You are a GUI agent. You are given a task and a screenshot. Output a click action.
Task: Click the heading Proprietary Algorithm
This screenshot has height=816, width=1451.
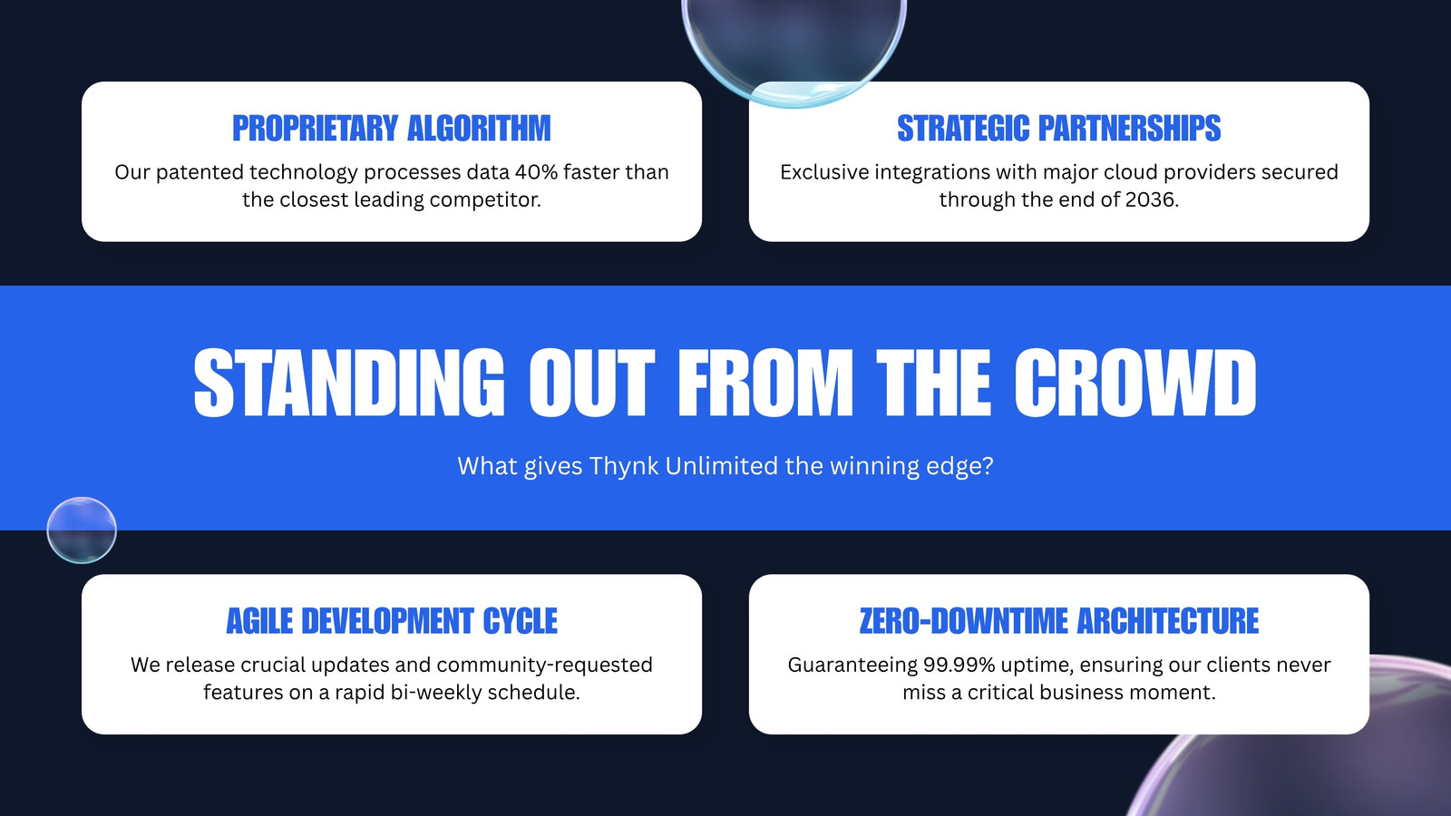click(x=391, y=128)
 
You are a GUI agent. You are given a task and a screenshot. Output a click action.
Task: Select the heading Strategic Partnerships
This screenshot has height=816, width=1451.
click(x=1058, y=128)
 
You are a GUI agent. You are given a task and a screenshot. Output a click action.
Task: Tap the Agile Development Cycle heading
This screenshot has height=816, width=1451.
click(x=391, y=621)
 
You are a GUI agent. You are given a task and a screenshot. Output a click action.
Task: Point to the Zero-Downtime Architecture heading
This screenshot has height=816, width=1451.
click(x=1058, y=621)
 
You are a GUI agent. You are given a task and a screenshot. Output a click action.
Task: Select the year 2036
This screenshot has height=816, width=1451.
click(x=1150, y=199)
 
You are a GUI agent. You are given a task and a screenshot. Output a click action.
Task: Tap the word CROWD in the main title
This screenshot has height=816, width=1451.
click(x=1135, y=383)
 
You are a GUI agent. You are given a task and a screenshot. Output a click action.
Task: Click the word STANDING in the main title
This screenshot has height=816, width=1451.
click(x=348, y=383)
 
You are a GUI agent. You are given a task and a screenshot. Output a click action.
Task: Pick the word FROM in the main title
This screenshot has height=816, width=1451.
click(x=765, y=383)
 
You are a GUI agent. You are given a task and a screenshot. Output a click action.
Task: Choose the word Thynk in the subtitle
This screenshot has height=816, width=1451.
click(x=624, y=466)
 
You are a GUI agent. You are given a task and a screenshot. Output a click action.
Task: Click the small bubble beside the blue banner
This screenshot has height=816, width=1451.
click(x=82, y=530)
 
